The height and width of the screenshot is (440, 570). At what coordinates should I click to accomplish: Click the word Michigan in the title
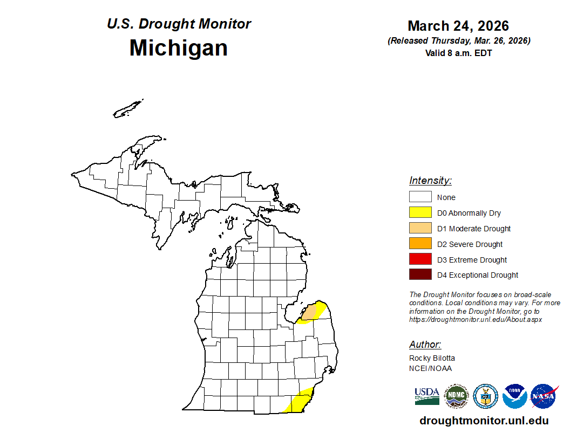pyautogui.click(x=178, y=48)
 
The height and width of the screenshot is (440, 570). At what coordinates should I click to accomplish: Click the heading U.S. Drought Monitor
pyautogui.click(x=179, y=24)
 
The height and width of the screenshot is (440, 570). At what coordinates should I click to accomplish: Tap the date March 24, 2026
pyautogui.click(x=458, y=26)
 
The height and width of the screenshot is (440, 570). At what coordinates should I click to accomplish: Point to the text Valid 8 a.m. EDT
pyautogui.click(x=458, y=53)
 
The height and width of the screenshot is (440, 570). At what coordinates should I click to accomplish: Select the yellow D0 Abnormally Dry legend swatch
pyautogui.click(x=420, y=212)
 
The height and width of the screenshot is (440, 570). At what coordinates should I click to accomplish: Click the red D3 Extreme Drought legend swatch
pyautogui.click(x=420, y=259)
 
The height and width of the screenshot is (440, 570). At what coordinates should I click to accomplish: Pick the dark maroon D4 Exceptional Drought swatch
pyautogui.click(x=420, y=275)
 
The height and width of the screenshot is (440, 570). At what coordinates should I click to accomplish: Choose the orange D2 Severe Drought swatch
pyautogui.click(x=420, y=244)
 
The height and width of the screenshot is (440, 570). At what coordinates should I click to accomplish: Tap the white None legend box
pyautogui.click(x=420, y=197)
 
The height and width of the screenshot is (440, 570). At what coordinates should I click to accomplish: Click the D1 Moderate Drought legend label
pyautogui.click(x=474, y=229)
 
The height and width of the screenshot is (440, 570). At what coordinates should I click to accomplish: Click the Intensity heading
pyautogui.click(x=430, y=181)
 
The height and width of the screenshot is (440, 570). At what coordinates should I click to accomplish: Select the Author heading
pyautogui.click(x=425, y=345)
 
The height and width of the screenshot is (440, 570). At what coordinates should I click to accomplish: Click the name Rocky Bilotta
pyautogui.click(x=432, y=358)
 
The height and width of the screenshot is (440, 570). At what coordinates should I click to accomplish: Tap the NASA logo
pyautogui.click(x=544, y=396)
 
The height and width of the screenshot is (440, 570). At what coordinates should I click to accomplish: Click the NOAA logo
pyautogui.click(x=514, y=396)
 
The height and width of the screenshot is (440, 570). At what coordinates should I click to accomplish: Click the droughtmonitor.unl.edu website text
pyautogui.click(x=484, y=421)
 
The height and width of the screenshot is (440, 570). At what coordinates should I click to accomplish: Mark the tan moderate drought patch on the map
pyautogui.click(x=309, y=313)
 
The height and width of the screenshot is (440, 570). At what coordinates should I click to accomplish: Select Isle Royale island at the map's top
pyautogui.click(x=128, y=108)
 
